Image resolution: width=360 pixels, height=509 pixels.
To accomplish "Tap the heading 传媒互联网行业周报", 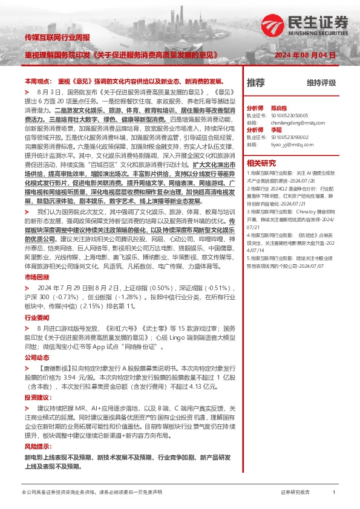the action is point(57,37).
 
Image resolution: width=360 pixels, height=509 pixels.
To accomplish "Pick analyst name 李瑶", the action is point(276,129).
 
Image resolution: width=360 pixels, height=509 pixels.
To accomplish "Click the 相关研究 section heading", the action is point(261,163).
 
